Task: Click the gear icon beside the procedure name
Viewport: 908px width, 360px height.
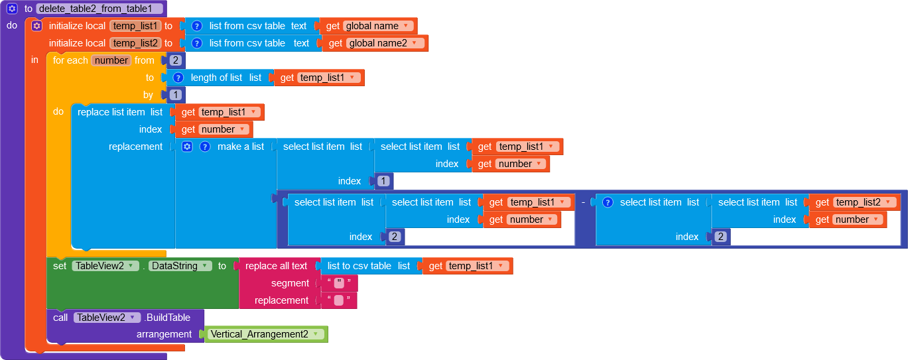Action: [x=12, y=9]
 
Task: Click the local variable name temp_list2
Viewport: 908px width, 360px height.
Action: [x=135, y=43]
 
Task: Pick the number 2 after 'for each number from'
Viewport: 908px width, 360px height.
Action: [x=175, y=60]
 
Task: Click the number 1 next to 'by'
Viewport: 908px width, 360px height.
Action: [x=175, y=95]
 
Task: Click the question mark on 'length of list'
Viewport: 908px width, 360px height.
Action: [x=178, y=78]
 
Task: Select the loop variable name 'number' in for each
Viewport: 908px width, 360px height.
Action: [x=111, y=60]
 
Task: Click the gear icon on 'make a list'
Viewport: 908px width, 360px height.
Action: [x=187, y=147]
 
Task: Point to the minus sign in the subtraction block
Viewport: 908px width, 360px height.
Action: [x=583, y=202]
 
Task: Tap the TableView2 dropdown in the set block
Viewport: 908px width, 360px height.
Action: [x=105, y=266]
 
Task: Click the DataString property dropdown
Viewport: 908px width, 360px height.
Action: [x=180, y=266]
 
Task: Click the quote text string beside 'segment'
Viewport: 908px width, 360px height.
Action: [x=339, y=283]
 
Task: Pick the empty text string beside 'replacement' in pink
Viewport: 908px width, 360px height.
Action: [x=338, y=300]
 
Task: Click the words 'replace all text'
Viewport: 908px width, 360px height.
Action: [x=276, y=266]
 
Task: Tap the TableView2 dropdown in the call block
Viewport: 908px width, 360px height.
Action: [x=107, y=318]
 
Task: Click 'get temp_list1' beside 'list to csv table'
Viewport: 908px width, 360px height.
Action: [x=468, y=266]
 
